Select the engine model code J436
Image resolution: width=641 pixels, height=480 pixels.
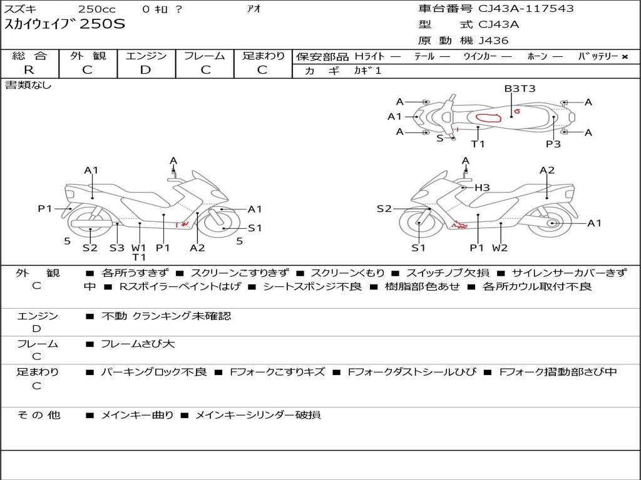click(x=493, y=41)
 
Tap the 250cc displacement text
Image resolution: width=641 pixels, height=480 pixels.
click(x=96, y=9)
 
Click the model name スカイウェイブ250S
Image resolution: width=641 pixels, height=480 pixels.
click(x=65, y=25)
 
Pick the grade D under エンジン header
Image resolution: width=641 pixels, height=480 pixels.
click(x=145, y=70)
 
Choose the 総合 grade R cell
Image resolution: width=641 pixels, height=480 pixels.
click(x=29, y=70)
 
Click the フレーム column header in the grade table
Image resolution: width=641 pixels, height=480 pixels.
click(x=205, y=56)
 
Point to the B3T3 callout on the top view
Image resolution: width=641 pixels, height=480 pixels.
click(x=520, y=89)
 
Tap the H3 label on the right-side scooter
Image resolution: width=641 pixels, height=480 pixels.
click(x=481, y=187)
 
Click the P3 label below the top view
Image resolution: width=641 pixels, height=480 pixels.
click(x=553, y=144)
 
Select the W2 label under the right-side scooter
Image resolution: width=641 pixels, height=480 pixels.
click(x=500, y=247)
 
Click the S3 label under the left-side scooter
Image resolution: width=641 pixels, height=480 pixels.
click(x=117, y=247)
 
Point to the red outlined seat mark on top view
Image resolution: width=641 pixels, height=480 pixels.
click(x=490, y=118)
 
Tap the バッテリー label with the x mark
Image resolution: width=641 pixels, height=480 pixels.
click(x=603, y=56)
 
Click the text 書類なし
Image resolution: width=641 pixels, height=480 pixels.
click(x=28, y=85)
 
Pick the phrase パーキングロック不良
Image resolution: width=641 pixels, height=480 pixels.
click(x=153, y=372)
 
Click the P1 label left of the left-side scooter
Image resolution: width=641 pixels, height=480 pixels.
click(x=44, y=209)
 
